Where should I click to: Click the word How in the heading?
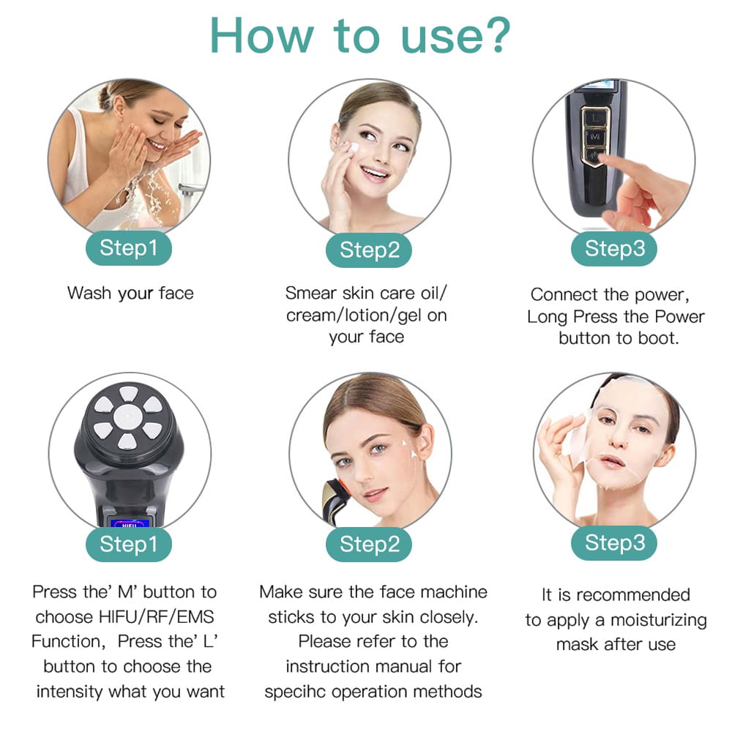tap(261, 36)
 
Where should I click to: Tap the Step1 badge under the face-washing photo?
tap(128, 248)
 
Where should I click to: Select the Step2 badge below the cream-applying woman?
tap(369, 250)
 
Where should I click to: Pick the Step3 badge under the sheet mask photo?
tap(614, 543)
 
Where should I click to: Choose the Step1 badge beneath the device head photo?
tap(128, 545)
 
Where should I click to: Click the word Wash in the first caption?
tap(89, 294)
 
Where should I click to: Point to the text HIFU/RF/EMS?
tap(157, 617)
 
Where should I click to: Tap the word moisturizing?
tap(659, 621)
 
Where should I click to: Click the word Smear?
tap(310, 294)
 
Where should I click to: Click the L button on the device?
tap(594, 118)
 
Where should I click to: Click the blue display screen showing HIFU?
tap(130, 523)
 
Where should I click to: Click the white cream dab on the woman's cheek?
tap(353, 149)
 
